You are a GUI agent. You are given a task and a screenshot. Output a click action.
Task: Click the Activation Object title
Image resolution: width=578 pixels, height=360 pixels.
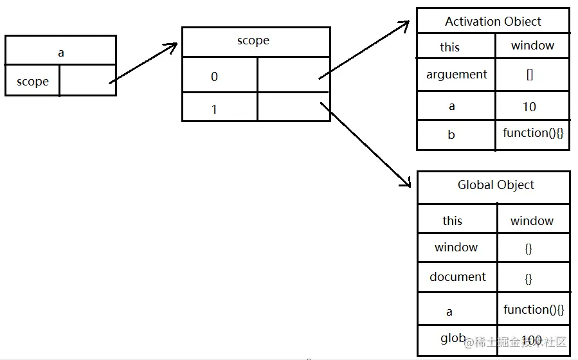click(492, 21)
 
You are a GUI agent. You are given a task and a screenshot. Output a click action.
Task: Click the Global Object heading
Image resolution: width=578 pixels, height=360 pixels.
click(495, 185)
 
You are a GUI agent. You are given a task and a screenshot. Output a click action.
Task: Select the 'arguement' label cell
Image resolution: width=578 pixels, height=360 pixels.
click(456, 75)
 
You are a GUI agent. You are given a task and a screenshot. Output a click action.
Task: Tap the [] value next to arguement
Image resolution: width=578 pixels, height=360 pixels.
click(529, 75)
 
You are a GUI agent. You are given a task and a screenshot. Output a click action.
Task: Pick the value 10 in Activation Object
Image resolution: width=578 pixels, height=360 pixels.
click(529, 107)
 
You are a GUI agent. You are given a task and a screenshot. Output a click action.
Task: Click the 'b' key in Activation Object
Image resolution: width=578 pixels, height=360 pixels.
click(451, 134)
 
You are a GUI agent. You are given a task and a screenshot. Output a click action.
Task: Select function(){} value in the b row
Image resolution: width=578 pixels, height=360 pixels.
click(533, 133)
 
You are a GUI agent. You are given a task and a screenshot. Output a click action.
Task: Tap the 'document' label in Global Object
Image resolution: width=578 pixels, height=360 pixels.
click(458, 277)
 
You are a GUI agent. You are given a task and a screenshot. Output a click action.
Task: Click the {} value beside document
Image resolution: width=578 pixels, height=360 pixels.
click(528, 279)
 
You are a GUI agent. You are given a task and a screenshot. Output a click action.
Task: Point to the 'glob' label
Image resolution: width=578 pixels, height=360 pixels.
click(453, 338)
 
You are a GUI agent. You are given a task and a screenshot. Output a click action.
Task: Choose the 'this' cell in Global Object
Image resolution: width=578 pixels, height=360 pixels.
click(452, 221)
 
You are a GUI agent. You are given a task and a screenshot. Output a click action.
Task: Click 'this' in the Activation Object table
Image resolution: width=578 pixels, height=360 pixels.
click(450, 47)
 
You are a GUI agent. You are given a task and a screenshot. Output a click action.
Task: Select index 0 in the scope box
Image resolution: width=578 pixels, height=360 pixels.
click(214, 76)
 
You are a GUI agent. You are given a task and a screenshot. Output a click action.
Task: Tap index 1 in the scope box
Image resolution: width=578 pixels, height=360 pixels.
click(214, 109)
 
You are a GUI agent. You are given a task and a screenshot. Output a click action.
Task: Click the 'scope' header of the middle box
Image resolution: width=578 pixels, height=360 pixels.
click(253, 40)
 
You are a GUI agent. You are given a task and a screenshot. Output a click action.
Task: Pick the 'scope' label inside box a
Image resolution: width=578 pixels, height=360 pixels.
click(33, 82)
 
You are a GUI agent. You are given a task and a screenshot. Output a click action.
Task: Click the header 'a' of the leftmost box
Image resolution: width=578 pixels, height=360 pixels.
click(61, 53)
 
